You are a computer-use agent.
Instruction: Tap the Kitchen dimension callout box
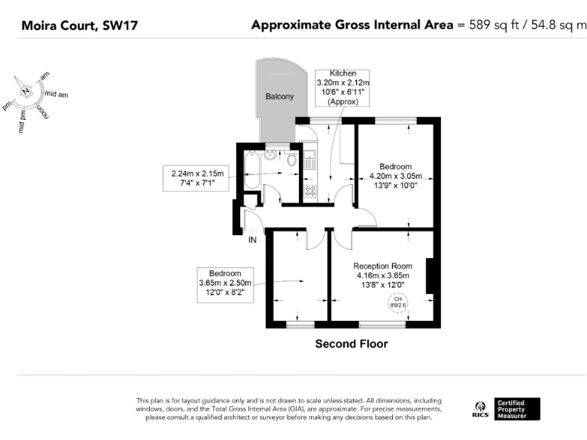[x=342, y=87]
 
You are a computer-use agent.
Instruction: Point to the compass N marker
[x=26, y=91]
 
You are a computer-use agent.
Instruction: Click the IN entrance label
[x=252, y=240]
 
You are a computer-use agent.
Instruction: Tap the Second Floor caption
[x=352, y=345]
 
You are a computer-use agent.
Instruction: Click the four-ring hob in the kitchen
[x=310, y=192]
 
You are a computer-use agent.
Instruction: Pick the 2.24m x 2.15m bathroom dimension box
[x=195, y=179]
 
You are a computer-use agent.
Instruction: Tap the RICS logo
[x=480, y=409]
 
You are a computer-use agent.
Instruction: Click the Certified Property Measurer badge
[x=517, y=409]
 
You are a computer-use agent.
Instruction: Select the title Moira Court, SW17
[x=69, y=26]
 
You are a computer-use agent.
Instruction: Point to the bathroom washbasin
[x=271, y=154]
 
